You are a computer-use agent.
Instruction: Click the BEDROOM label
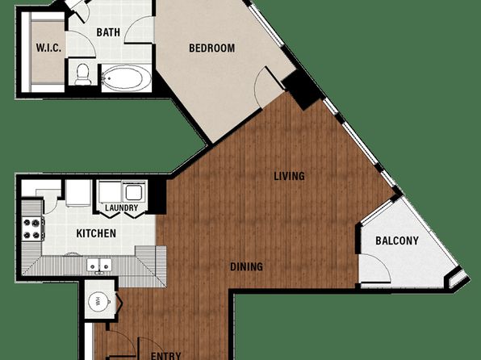(211, 48)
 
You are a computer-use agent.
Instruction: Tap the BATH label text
(108, 32)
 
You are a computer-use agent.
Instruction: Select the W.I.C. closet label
(48, 48)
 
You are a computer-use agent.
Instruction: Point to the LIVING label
(289, 176)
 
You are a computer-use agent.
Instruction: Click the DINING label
(246, 266)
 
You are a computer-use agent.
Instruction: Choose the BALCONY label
(397, 241)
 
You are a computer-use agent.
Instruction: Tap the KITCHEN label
(96, 233)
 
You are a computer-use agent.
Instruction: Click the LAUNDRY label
(122, 207)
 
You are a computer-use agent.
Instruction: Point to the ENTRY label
(165, 356)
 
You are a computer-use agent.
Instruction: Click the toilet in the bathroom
(83, 74)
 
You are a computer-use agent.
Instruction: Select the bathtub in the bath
(127, 78)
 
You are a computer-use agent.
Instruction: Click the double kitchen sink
(98, 265)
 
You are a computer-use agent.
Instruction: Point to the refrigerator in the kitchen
(78, 193)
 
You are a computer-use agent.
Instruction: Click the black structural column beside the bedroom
(302, 89)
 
